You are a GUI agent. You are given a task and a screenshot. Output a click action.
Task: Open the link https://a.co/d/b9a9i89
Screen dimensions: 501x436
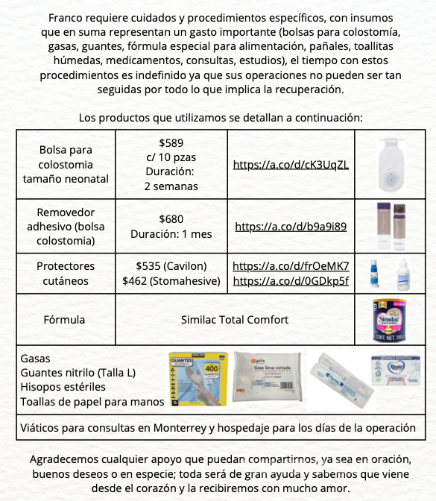[x=291, y=226]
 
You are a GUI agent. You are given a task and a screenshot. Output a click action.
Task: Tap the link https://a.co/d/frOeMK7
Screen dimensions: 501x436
[x=291, y=265]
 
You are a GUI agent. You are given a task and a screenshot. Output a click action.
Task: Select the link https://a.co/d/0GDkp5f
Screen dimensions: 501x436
[x=291, y=280]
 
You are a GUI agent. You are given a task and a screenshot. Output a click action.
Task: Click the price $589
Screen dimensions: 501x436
[x=171, y=142]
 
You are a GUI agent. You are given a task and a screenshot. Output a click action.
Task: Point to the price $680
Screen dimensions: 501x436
[x=171, y=219]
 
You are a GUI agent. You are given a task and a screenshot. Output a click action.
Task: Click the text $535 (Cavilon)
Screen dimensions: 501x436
[x=171, y=265]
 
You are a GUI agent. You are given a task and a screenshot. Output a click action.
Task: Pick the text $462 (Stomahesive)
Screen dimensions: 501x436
[x=171, y=280]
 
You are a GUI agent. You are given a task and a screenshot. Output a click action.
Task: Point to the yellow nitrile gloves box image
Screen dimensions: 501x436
[x=196, y=378]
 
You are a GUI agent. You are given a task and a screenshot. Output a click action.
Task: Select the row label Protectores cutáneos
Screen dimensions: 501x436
[x=66, y=273]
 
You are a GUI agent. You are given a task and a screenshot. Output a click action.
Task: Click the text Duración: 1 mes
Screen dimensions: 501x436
[x=171, y=234]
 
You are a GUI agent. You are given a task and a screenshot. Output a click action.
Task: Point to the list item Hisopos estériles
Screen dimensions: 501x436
[x=63, y=387]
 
